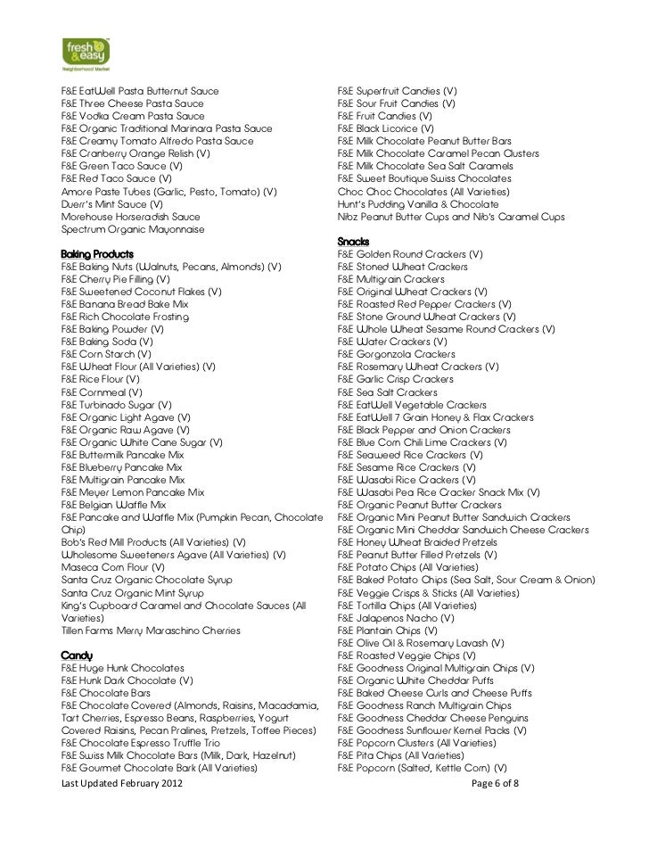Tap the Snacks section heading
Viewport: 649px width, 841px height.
tap(354, 242)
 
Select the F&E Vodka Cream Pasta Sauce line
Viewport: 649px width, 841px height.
tap(132, 116)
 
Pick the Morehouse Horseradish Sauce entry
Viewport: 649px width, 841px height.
tap(130, 217)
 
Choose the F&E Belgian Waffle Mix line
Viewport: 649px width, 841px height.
tap(113, 504)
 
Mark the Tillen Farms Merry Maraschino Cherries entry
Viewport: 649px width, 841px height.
tap(150, 630)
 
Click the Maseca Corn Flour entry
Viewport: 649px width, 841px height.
tap(111, 566)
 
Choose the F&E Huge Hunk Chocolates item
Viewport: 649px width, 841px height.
tap(122, 667)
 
